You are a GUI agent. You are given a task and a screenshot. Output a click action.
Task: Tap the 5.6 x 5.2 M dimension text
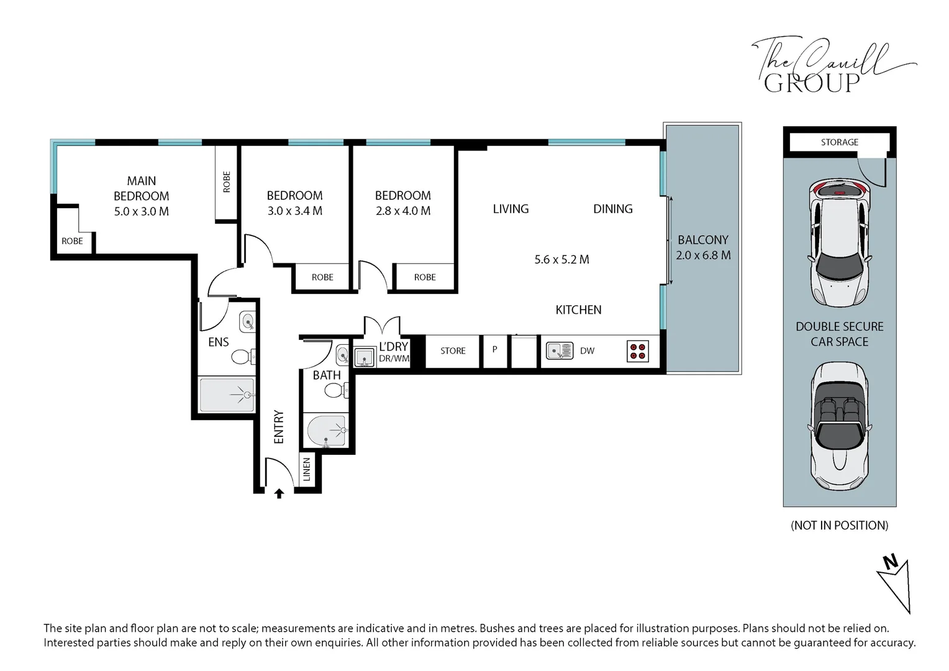coord(562,260)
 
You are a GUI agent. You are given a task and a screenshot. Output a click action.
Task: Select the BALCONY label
coord(703,240)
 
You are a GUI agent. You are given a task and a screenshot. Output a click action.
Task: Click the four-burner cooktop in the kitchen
coord(638,352)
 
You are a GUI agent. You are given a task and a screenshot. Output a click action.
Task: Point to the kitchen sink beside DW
coord(560,351)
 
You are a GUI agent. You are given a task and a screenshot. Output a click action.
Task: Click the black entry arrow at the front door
coord(279,493)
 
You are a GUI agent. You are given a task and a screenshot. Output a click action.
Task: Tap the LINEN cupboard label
coord(307,469)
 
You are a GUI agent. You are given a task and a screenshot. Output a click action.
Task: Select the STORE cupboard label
coord(453,351)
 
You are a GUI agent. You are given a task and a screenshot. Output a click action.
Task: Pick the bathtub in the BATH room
coord(327,430)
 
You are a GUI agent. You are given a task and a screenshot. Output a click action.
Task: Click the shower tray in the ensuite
coord(227,395)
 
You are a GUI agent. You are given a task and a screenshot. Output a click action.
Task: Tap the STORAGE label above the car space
coord(839,142)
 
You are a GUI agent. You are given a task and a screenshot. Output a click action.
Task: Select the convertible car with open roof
coord(839,426)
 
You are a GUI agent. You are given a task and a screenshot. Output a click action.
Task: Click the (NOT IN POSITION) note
coord(839,526)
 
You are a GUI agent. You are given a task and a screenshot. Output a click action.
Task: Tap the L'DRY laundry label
coord(393,347)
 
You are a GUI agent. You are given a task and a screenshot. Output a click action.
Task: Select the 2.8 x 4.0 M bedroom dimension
coord(403,211)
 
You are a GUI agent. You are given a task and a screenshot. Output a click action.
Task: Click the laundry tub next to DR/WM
coord(365,357)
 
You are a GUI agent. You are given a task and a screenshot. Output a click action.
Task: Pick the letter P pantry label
coord(494,350)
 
